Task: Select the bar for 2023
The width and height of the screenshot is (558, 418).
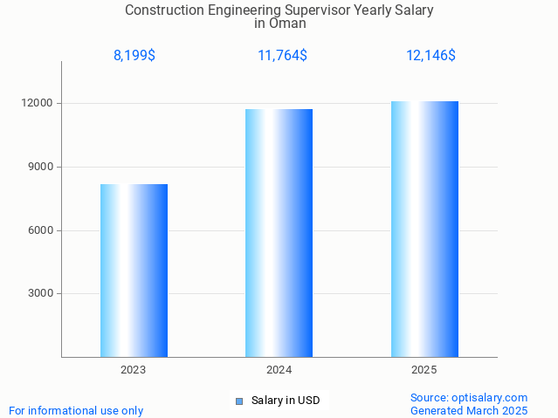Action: coord(134,271)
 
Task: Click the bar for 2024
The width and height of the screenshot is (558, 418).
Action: coord(279,233)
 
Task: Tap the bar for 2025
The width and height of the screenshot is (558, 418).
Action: coord(424,229)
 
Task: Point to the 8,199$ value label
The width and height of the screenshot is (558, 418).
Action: coord(134,56)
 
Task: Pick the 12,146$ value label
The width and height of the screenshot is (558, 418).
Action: coord(431,56)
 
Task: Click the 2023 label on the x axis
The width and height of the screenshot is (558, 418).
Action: coord(134,370)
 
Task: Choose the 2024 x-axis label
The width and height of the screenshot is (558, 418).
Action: coord(279,370)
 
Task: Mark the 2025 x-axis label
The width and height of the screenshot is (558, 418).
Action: coord(424,370)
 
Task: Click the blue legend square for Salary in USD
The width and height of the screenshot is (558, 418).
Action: coord(238,401)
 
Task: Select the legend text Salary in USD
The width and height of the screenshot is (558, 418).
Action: coord(286,401)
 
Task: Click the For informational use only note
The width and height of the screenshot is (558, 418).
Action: coord(76,411)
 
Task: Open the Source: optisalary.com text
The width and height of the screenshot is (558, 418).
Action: coord(469,398)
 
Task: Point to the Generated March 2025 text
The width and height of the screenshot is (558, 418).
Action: coord(469,411)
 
